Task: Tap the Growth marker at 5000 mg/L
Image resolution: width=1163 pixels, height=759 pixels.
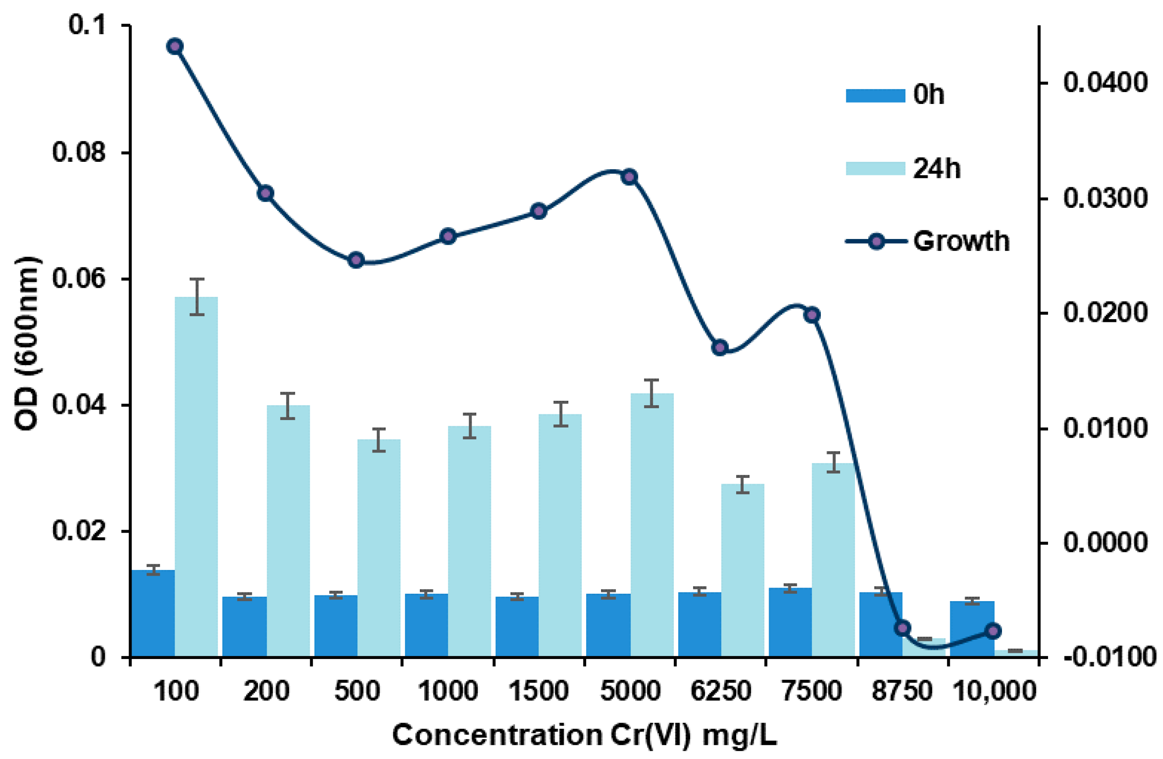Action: click(x=630, y=177)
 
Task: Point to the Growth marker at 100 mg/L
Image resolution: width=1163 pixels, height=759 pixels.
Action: click(x=175, y=47)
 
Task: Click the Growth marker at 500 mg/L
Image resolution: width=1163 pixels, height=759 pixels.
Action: click(x=356, y=260)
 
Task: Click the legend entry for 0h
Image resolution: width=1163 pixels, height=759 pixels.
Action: click(x=894, y=94)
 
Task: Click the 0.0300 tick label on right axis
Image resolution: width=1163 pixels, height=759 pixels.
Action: click(x=1106, y=198)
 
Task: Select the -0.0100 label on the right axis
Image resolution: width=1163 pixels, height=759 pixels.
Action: click(x=1109, y=657)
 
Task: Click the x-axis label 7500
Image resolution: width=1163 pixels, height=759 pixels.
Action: click(x=812, y=691)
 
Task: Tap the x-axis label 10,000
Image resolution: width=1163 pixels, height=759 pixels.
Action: click(x=994, y=691)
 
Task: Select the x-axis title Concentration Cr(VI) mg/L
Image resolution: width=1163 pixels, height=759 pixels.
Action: click(x=584, y=736)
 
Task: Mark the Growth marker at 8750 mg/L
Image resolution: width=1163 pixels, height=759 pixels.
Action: click(x=902, y=628)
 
